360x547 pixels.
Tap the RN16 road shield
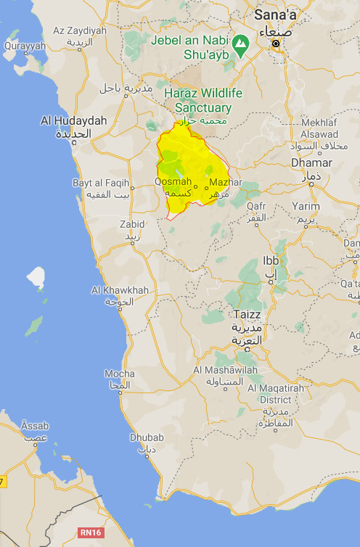pyautogui.click(x=91, y=532)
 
